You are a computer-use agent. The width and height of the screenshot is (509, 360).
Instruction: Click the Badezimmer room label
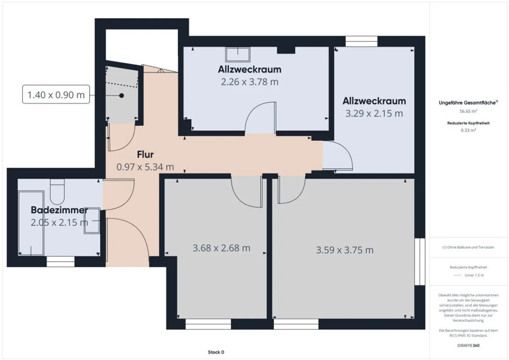(59, 210)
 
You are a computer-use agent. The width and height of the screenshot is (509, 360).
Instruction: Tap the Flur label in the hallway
(145, 155)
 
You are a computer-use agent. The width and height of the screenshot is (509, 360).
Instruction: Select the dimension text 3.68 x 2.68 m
(221, 248)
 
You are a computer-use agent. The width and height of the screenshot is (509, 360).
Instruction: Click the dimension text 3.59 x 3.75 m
(345, 250)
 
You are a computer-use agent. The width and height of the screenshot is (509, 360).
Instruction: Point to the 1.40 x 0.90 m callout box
(56, 95)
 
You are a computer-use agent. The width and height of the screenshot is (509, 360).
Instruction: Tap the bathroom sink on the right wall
(92, 220)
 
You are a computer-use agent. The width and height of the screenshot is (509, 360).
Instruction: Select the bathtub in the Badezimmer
(31, 223)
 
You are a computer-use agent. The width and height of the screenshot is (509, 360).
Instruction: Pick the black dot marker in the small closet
(122, 95)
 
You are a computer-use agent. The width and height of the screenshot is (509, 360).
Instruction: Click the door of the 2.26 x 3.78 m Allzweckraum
(260, 118)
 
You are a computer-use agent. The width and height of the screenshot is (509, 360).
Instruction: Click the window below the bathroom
(61, 261)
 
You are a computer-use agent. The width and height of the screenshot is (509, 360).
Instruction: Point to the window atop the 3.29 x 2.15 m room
(361, 41)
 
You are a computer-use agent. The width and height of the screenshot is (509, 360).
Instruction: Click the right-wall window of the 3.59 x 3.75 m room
(420, 261)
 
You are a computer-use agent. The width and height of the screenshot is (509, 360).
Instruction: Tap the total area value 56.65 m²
(468, 111)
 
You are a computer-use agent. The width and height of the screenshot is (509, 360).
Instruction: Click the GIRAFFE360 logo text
(468, 346)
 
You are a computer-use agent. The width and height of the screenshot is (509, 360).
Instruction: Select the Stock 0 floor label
(216, 352)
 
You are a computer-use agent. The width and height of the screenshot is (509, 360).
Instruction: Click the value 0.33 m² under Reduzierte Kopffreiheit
(468, 130)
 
